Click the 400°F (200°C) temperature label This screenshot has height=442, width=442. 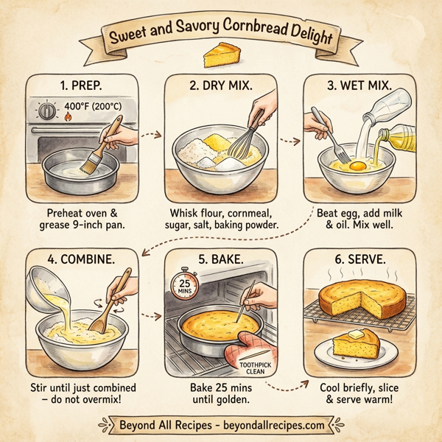click(x=94, y=105)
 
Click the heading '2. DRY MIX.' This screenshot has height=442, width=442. click(x=220, y=85)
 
